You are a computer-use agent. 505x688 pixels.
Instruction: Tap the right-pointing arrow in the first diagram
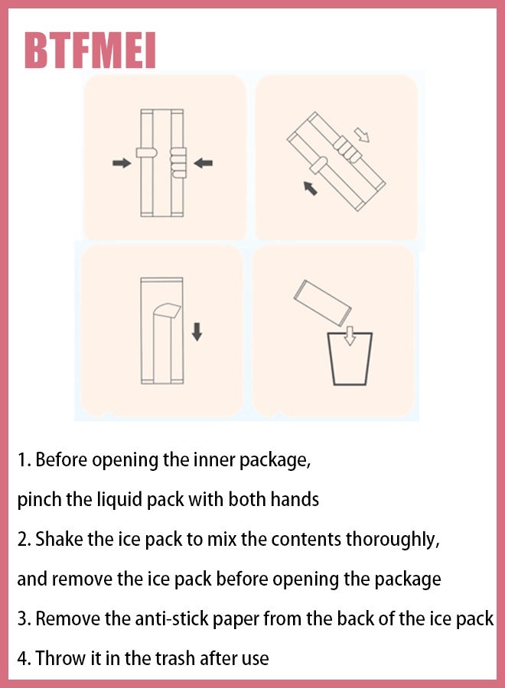coord(122,164)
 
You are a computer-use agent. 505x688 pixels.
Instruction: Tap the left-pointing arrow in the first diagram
coord(204,164)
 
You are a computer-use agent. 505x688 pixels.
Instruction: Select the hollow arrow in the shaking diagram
coord(362,135)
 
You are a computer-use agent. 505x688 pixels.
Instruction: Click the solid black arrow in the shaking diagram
coord(311,188)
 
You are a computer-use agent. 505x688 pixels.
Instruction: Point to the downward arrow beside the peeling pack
coord(197,332)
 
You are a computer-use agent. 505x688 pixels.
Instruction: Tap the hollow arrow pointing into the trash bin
coord(350,336)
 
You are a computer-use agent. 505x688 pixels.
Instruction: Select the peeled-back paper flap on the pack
coord(167,310)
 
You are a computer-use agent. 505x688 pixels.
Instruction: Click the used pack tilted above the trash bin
coord(323,303)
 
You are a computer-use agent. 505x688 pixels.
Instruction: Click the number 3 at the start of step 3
coord(22,618)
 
